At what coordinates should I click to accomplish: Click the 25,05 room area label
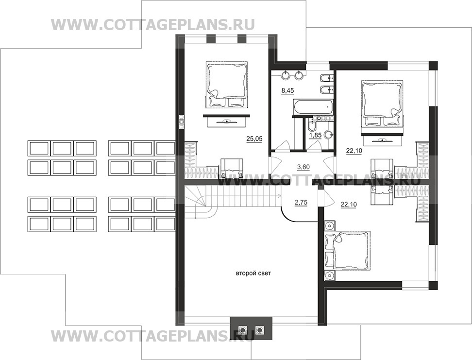(x=254, y=138)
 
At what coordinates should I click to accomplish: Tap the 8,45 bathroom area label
(x=288, y=90)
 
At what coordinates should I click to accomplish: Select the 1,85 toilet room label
(x=315, y=135)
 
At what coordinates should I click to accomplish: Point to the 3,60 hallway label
(x=303, y=167)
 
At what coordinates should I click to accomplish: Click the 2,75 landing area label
(x=301, y=203)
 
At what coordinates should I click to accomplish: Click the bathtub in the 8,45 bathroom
(x=313, y=107)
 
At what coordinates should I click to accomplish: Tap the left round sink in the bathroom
(x=286, y=76)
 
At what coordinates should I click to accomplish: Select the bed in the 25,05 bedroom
(x=227, y=85)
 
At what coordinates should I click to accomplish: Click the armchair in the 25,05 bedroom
(x=232, y=168)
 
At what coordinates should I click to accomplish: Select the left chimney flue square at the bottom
(x=242, y=330)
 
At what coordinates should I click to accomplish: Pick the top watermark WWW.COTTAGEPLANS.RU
(x=153, y=25)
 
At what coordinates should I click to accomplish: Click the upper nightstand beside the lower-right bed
(x=330, y=225)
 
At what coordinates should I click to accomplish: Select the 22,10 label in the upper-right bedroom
(x=354, y=151)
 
